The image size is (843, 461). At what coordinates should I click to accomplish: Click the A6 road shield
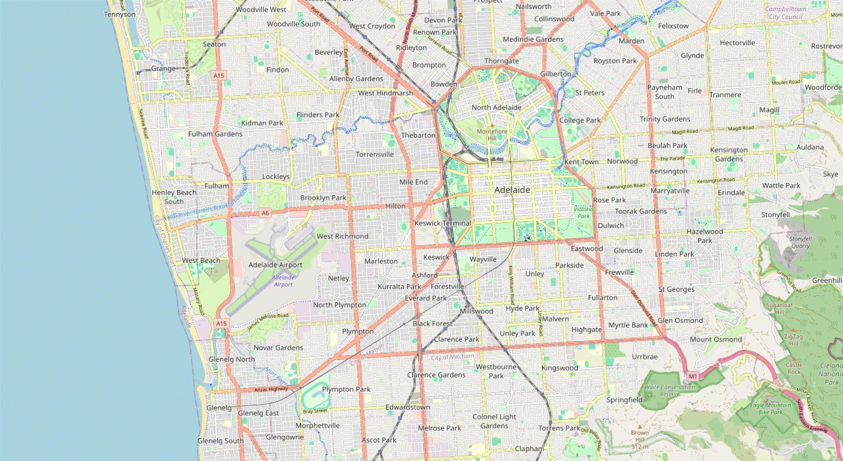(265, 213)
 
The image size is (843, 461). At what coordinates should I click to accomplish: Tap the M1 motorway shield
(692, 376)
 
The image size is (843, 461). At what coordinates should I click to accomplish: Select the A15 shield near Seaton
(218, 75)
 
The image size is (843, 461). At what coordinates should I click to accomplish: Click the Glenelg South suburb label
(221, 441)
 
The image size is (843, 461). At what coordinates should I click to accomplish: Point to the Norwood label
(622, 161)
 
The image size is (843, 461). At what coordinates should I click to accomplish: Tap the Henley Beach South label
(174, 197)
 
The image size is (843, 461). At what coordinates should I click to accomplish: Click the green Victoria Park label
(583, 213)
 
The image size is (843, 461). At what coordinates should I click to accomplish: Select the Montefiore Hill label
(492, 134)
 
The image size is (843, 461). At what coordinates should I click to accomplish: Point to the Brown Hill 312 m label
(640, 439)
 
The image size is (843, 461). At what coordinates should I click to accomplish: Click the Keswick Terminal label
(443, 223)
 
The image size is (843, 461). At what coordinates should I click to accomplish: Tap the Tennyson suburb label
(120, 14)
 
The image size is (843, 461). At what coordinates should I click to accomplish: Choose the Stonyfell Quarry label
(800, 242)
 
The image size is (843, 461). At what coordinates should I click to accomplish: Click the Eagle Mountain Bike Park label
(770, 408)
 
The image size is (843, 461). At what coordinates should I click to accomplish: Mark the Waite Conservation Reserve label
(670, 390)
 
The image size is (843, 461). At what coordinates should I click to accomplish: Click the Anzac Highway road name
(271, 390)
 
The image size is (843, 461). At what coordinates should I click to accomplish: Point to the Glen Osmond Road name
(643, 308)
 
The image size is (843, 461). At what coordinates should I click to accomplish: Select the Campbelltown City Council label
(786, 13)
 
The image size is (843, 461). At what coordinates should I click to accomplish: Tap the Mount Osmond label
(716, 339)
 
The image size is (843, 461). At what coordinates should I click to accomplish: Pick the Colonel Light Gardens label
(494, 421)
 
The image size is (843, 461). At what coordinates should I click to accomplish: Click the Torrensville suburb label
(374, 155)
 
